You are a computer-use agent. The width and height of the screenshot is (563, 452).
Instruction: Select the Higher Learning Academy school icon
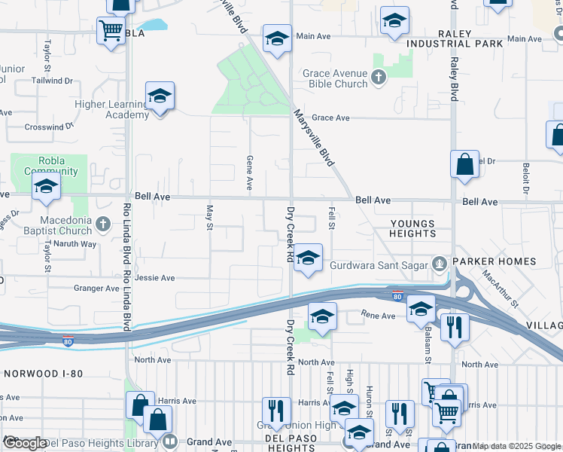pos(160,97)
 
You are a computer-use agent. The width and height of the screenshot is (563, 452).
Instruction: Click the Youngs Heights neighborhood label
pos(412,228)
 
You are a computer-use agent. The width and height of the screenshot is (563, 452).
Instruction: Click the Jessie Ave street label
pos(154,278)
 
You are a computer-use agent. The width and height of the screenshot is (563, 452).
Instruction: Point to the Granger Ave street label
pos(96,288)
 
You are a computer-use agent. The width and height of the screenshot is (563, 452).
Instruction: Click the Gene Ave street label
pos(249,173)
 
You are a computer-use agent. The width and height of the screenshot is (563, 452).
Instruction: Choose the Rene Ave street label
pos(378,316)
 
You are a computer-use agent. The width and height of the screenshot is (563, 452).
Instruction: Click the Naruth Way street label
pos(78,244)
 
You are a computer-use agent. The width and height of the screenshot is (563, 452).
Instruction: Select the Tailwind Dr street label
pos(52,79)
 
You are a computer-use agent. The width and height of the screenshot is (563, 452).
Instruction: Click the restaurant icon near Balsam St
pos(455,327)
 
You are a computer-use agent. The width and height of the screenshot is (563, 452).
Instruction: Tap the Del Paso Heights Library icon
pos(171,442)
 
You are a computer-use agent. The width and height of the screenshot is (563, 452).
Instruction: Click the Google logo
pos(24,443)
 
